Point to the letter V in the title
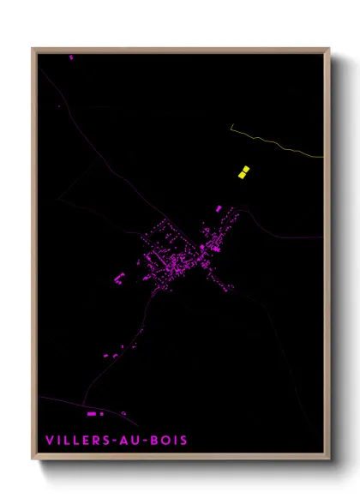point(49,441)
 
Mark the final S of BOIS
point(183,441)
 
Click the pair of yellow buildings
point(243,171)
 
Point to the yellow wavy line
point(274,143)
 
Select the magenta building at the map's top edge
point(71,57)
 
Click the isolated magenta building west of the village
point(120,276)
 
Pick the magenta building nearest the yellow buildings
point(219,208)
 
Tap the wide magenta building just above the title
point(92,414)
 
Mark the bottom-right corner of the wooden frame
point(328,460)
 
